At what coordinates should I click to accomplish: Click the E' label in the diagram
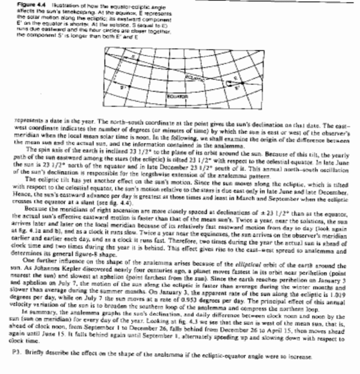[x=237, y=88]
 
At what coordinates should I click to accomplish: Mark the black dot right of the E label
[x=242, y=83]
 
